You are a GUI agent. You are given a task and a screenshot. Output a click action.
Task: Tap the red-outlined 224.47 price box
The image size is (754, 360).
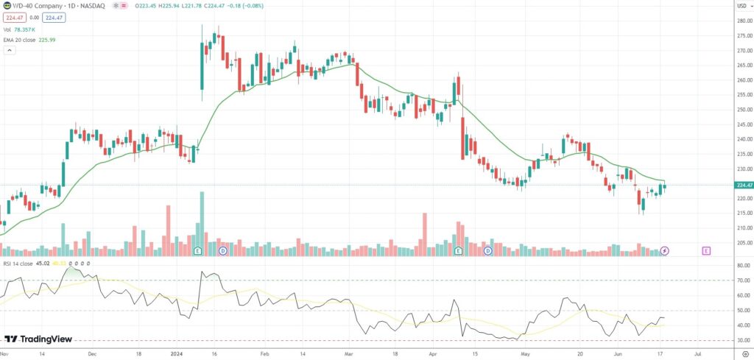[14, 17]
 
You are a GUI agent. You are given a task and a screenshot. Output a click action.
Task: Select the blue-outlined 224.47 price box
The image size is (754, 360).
[53, 17]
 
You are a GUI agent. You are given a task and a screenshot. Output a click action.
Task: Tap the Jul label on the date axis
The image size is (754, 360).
[697, 353]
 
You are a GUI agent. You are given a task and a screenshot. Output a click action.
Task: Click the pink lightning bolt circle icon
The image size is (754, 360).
[665, 251]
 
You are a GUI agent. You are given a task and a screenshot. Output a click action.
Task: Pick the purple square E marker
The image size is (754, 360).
[707, 251]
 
